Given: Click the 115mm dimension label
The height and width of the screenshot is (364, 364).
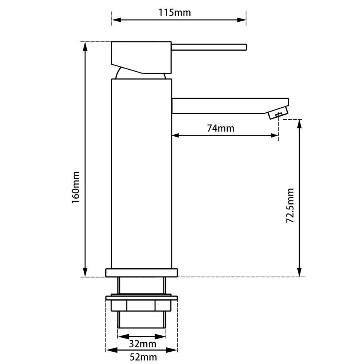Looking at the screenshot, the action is pyautogui.click(x=175, y=12).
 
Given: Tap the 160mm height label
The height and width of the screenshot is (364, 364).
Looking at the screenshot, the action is pyautogui.click(x=76, y=187).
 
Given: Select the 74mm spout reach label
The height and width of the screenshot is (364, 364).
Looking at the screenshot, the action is pyautogui.click(x=221, y=128).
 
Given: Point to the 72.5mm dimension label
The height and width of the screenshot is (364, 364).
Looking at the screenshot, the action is pyautogui.click(x=290, y=206).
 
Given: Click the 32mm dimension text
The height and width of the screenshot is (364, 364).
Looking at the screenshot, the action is pyautogui.click(x=143, y=344).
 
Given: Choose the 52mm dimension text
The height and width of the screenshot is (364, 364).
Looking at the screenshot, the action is pyautogui.click(x=143, y=357).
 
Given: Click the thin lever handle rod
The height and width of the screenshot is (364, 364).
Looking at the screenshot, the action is pyautogui.click(x=209, y=47).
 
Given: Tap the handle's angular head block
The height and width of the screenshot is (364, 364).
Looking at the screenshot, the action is pyautogui.click(x=141, y=57).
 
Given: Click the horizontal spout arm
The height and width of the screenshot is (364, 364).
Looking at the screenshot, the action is pyautogui.click(x=230, y=106).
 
